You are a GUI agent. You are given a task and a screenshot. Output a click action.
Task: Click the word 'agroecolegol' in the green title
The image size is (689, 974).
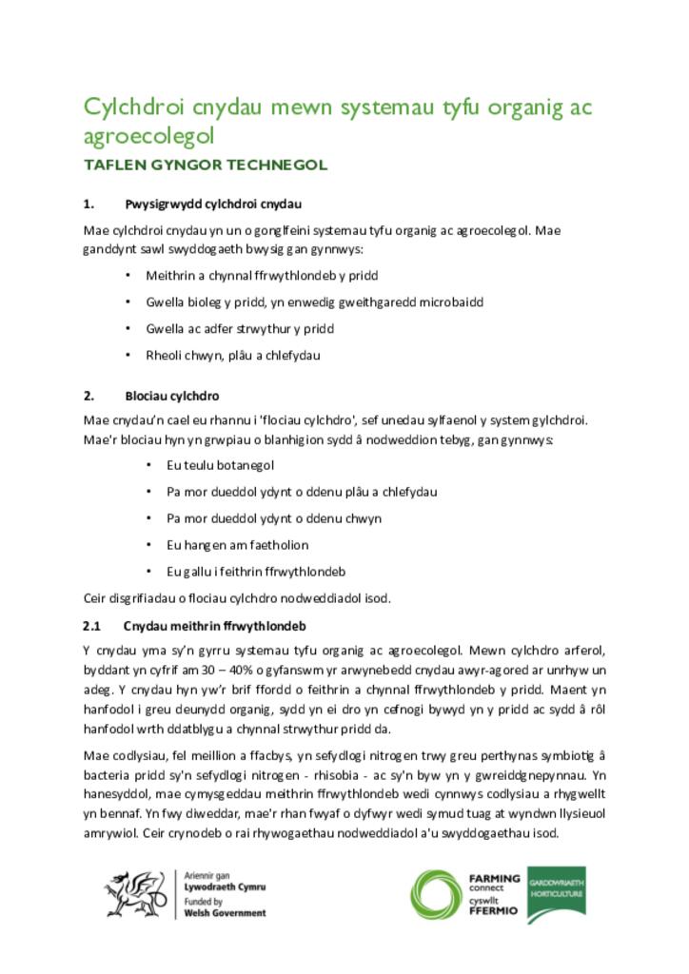pos(148,137)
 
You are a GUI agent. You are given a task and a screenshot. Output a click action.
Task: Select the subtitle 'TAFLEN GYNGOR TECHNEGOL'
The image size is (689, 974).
pos(206,165)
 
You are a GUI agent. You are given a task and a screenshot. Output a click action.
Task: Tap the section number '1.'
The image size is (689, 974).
pos(89,204)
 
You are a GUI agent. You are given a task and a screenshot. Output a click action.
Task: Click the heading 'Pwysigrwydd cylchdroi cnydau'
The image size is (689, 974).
pos(213,204)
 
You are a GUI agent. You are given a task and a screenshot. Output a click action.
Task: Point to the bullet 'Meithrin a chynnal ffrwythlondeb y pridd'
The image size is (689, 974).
pos(262,276)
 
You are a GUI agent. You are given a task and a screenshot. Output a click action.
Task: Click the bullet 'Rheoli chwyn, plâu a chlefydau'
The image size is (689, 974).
pos(233,356)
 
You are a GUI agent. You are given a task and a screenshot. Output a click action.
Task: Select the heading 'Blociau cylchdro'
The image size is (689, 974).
pos(172,396)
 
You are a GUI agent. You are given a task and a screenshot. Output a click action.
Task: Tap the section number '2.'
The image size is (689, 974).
pos(89,396)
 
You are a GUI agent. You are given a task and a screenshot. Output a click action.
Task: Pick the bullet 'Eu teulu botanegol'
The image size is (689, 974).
pos(220,466)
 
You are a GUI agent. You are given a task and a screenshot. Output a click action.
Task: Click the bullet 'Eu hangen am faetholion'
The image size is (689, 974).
pos(237,545)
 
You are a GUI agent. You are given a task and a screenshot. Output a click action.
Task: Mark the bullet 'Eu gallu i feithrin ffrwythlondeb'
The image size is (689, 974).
pos(255,572)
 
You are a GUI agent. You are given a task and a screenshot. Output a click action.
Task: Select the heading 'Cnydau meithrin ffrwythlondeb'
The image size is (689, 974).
pos(214,626)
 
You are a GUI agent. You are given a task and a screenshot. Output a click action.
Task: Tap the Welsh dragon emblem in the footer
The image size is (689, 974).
pos(134,894)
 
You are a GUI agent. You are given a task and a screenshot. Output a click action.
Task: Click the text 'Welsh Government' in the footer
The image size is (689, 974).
pos(225,913)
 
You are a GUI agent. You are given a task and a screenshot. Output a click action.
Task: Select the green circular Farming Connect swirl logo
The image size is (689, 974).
pos(437,896)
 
